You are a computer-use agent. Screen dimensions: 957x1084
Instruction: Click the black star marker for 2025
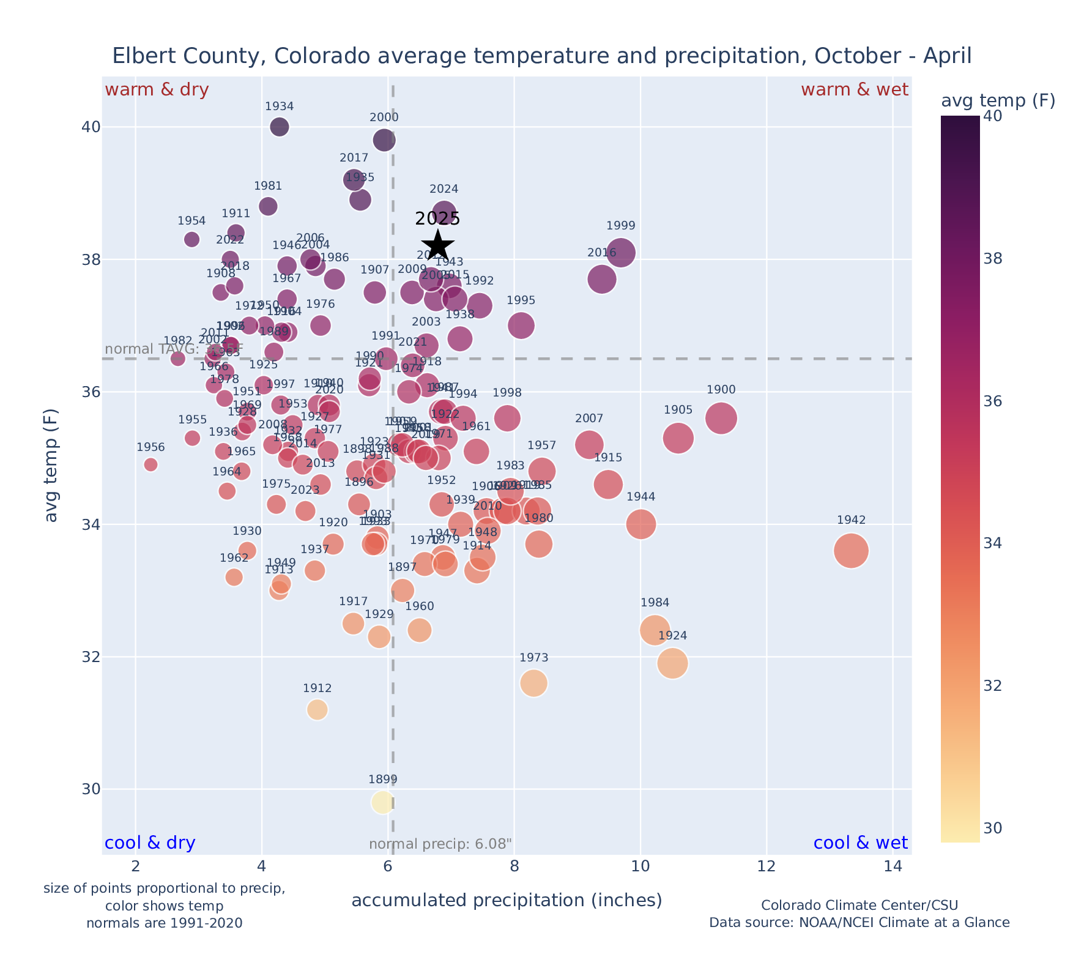point(438,245)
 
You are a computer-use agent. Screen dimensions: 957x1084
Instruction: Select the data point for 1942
point(851,551)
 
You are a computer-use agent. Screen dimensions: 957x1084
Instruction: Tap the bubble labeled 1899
point(382,802)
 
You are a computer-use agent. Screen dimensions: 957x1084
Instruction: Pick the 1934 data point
point(280,127)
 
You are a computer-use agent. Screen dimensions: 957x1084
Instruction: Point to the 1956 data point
point(150,464)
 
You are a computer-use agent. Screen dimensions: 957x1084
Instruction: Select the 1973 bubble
point(533,683)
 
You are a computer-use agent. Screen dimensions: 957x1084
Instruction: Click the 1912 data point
point(317,710)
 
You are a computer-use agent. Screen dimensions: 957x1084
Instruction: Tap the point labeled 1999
point(621,253)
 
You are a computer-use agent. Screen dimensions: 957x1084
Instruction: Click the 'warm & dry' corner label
point(157,90)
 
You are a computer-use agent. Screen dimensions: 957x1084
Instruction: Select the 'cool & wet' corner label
point(860,843)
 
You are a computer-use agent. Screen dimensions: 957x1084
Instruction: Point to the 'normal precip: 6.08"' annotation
point(440,844)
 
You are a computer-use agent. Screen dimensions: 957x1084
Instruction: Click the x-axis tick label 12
point(767,866)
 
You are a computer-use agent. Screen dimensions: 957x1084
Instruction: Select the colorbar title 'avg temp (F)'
point(998,101)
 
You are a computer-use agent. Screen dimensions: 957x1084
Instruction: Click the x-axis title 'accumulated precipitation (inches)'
point(507,901)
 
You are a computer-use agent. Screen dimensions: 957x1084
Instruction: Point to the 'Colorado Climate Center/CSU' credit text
point(859,906)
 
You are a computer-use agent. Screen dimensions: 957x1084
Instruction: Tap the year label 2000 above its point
point(384,117)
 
